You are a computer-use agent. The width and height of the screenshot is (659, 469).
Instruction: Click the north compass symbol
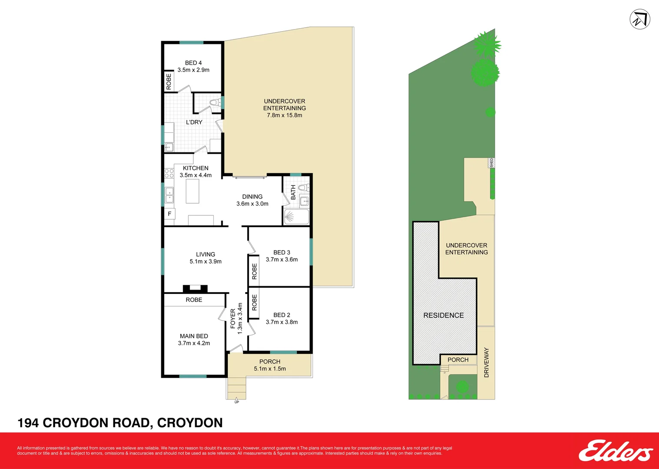click(640, 20)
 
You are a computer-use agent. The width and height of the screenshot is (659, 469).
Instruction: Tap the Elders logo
click(615, 451)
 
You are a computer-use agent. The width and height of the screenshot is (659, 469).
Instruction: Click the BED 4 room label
click(193, 63)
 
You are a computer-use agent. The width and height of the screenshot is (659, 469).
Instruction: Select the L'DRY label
click(194, 122)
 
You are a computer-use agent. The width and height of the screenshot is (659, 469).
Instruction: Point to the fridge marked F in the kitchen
click(170, 214)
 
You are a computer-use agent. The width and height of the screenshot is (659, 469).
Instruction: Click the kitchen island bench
click(193, 191)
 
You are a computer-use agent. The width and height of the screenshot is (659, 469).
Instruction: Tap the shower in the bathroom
click(296, 217)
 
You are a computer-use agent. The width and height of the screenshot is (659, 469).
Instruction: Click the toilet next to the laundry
click(213, 103)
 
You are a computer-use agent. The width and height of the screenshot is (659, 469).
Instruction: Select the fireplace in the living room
click(195, 288)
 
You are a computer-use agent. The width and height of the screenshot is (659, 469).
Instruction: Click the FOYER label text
click(233, 318)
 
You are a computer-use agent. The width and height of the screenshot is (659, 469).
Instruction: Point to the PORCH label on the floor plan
click(270, 362)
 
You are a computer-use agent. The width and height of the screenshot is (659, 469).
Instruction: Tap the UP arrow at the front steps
click(236, 400)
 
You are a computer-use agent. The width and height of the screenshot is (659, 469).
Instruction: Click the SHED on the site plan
click(492, 163)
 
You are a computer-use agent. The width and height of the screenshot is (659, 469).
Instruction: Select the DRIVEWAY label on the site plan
click(486, 362)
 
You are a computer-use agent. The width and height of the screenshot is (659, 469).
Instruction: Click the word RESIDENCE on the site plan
click(443, 315)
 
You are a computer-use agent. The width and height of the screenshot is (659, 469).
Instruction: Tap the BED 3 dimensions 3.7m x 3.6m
click(282, 260)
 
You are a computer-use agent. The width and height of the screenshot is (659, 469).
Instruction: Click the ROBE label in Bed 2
click(254, 302)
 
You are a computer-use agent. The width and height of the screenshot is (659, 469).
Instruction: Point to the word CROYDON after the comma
click(190, 423)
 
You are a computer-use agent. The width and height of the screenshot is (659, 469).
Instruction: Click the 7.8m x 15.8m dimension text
click(284, 116)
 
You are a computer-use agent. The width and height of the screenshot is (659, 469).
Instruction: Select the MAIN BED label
click(194, 336)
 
